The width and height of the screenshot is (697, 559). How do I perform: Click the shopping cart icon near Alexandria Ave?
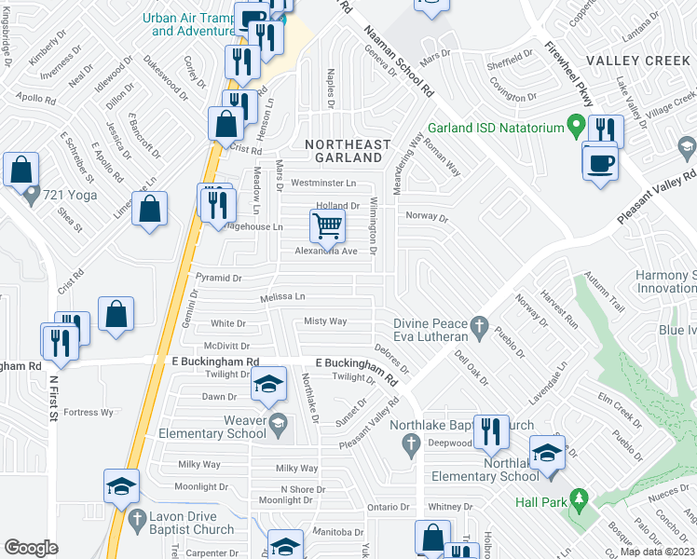click(x=327, y=225)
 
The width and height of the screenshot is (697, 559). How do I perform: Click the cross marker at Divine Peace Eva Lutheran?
click(x=480, y=327)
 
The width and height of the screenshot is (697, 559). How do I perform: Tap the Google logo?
click(x=31, y=548)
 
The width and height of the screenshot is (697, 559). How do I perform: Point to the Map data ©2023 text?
click(x=657, y=552)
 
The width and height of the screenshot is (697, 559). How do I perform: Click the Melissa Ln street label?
click(x=281, y=297)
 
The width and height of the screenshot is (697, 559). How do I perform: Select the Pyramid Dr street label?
click(x=219, y=278)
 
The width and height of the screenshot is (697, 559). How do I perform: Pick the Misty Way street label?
click(x=325, y=321)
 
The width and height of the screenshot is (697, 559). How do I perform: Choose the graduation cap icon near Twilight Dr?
click(x=267, y=386)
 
